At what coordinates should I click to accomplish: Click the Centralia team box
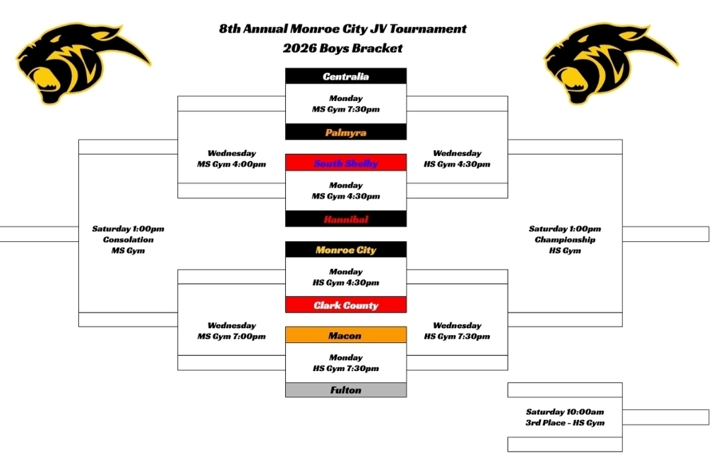tap(346, 76)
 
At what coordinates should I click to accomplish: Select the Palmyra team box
tap(346, 132)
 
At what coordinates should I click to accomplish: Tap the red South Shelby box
tap(346, 163)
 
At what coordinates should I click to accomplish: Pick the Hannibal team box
tap(346, 219)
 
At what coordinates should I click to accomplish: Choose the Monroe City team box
tap(346, 250)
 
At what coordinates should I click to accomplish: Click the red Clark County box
tap(346, 305)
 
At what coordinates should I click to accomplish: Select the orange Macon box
tap(346, 335)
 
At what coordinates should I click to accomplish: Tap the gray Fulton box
tap(346, 389)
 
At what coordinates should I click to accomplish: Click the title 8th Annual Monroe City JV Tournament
tap(342, 29)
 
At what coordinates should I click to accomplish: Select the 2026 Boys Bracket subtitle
tap(342, 48)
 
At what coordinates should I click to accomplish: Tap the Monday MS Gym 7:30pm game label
tap(346, 104)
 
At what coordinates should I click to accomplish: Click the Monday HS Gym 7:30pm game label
tap(346, 363)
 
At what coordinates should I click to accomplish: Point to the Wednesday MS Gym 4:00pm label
tap(232, 159)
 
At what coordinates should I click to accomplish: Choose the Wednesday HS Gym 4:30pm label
tap(457, 159)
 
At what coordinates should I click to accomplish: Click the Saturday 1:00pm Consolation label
tap(128, 239)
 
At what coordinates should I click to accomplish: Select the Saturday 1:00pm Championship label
tap(565, 239)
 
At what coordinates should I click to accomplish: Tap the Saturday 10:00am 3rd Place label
tap(565, 417)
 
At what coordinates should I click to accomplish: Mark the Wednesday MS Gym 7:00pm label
tap(232, 331)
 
